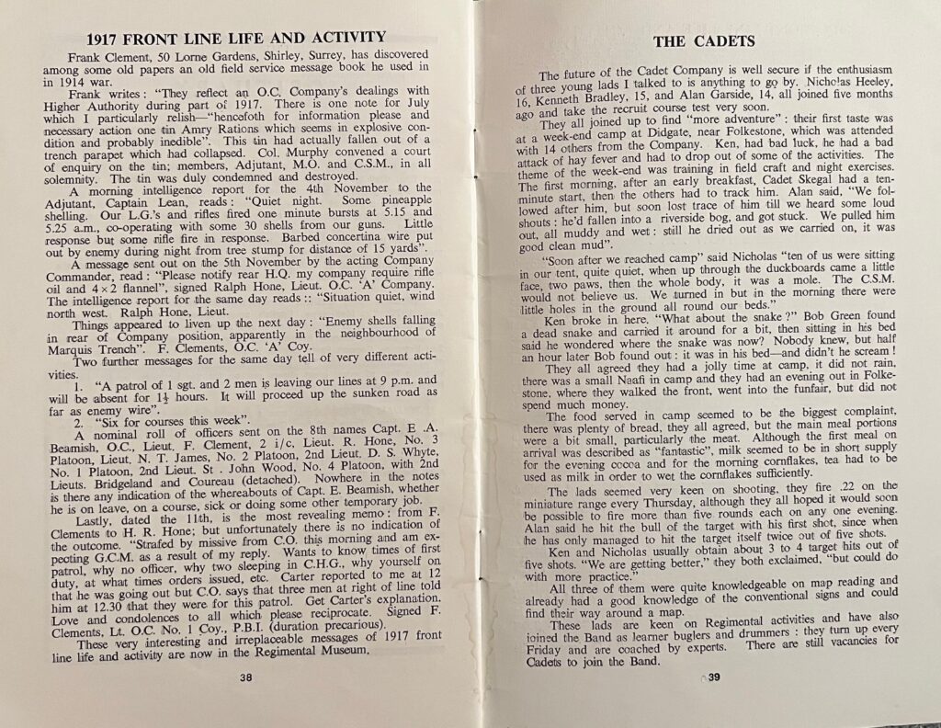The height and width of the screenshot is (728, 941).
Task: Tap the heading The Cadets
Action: (x=703, y=40)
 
